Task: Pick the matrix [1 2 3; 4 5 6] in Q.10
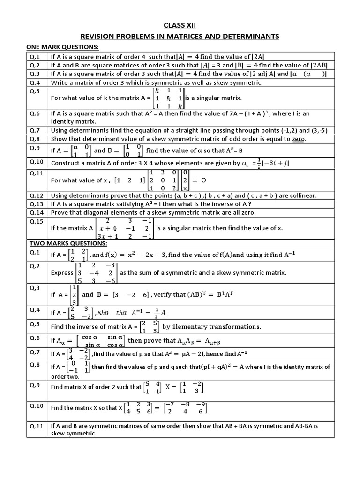pos(139,408)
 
